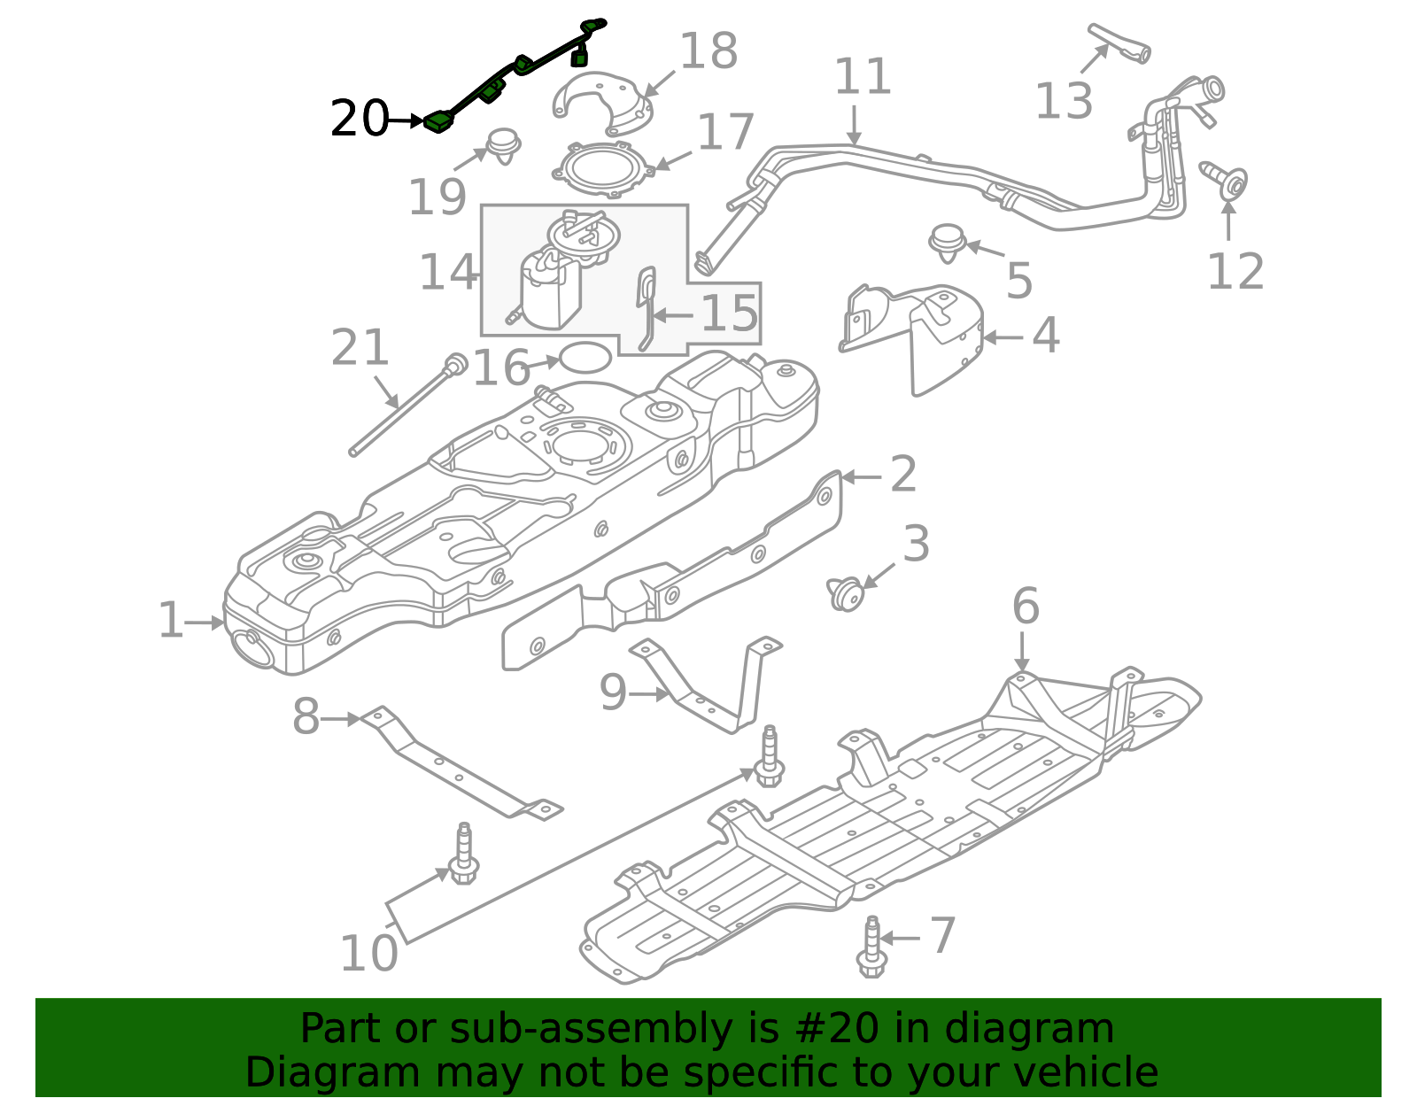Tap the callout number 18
coord(708,51)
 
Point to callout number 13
coord(1064,100)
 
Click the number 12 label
coord(1235,271)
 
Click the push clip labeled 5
coord(948,241)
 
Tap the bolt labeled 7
coord(871,948)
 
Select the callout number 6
coord(1025,607)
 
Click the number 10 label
coord(368,954)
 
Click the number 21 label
coord(360,348)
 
